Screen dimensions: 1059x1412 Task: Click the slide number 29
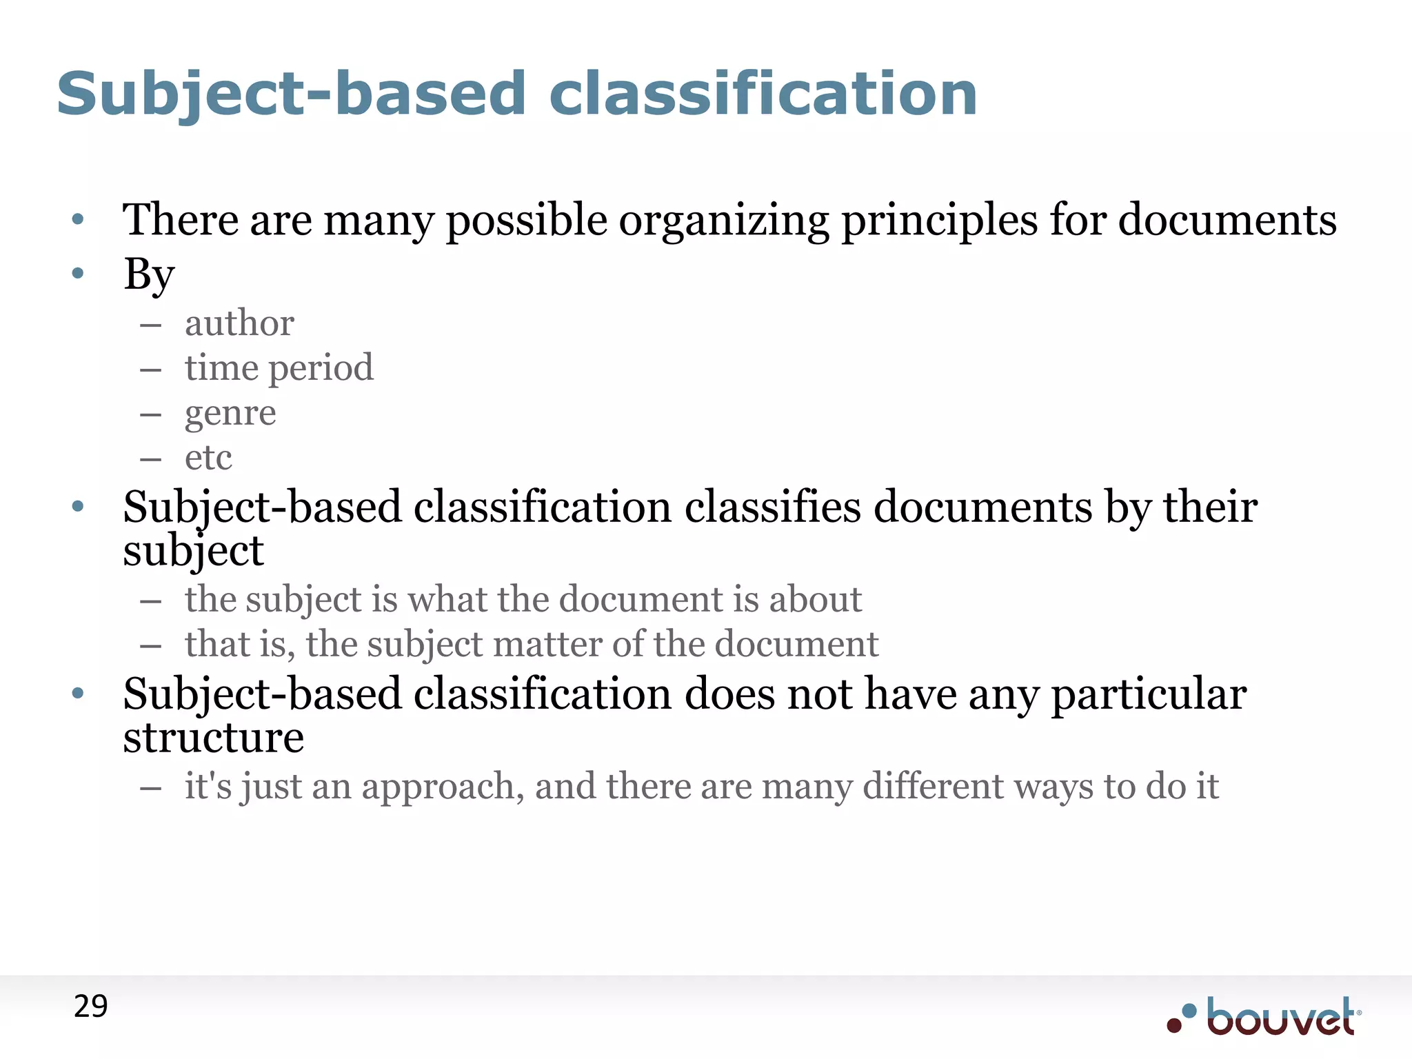[91, 1007]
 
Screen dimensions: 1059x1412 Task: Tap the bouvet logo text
[1280, 1018]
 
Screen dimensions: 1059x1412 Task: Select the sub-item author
[239, 323]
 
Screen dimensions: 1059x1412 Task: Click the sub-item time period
[279, 368]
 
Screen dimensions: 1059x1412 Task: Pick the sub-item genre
[230, 414]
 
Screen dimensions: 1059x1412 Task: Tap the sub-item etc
[208, 458]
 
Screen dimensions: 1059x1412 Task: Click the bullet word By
[149, 274]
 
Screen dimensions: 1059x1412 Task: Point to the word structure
[213, 738]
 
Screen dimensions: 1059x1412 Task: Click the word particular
[1149, 695]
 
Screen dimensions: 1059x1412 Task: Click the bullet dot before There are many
[78, 220]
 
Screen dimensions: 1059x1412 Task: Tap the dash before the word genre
[150, 415]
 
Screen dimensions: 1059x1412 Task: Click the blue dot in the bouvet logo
[1189, 1011]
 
